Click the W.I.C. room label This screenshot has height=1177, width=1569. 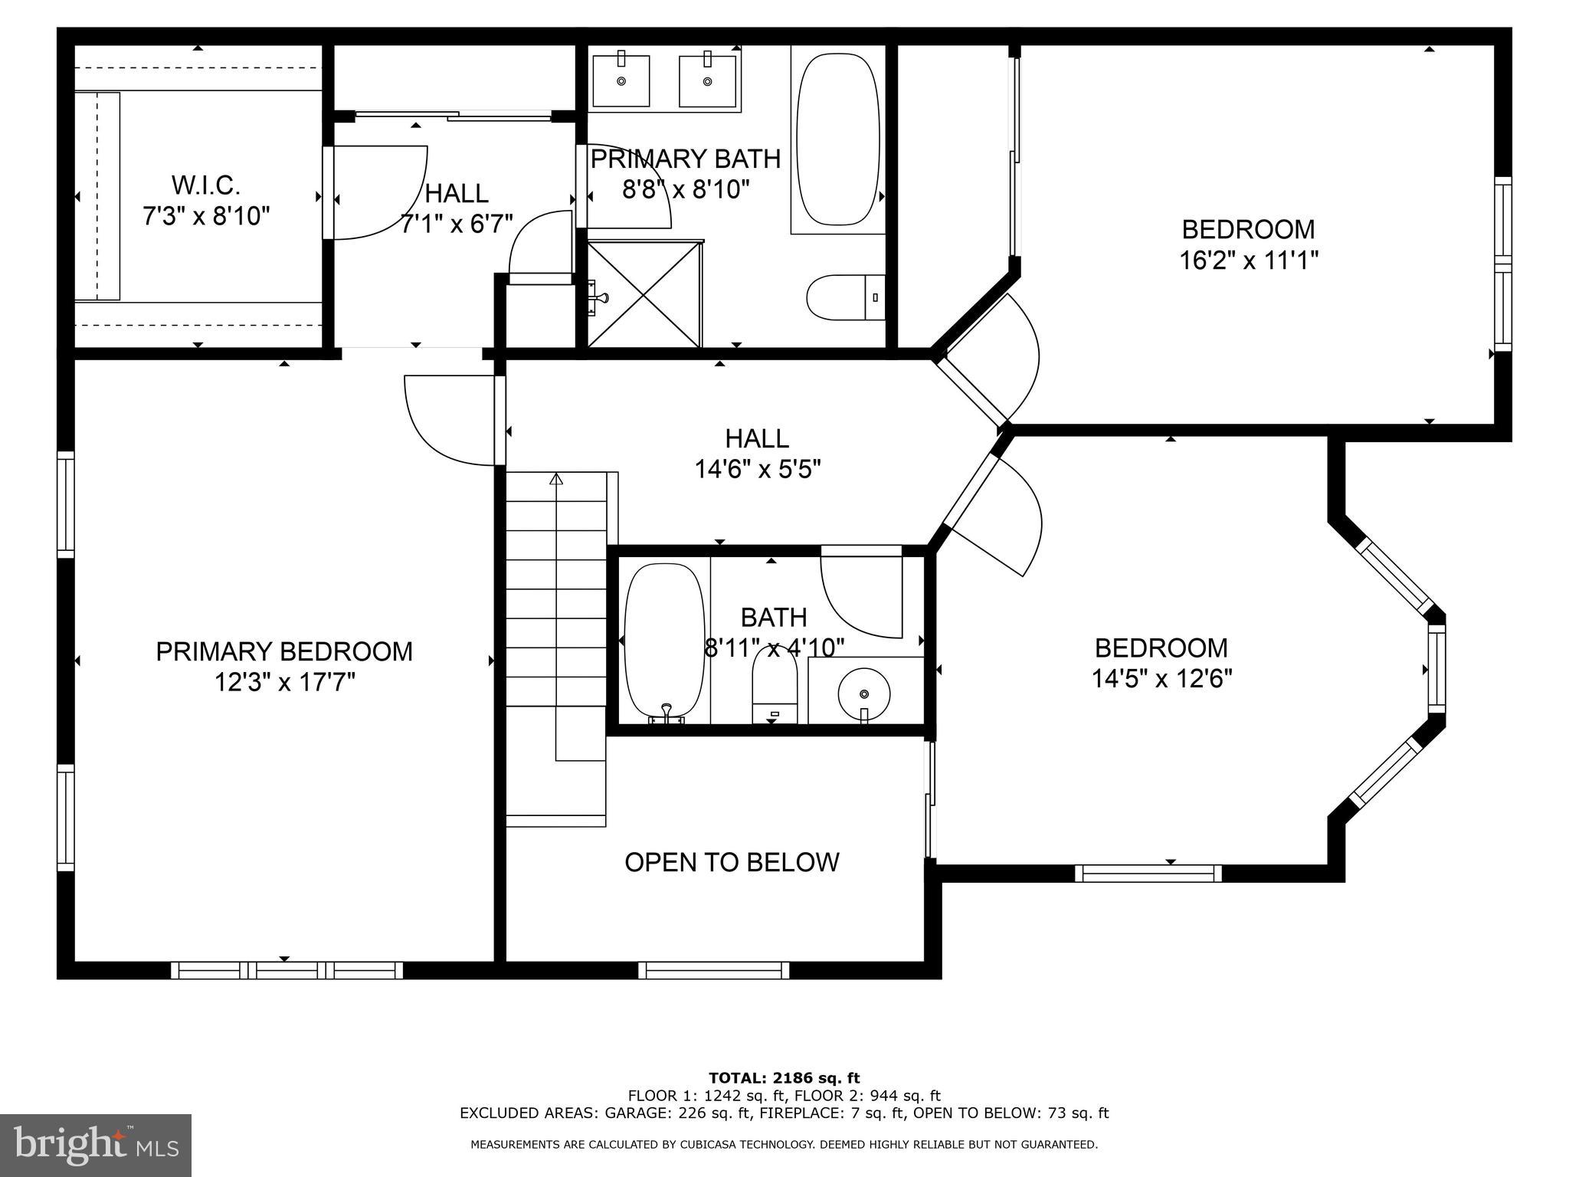pos(205,185)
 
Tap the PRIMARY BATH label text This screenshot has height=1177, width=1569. pos(685,159)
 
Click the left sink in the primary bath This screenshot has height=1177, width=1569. pos(621,80)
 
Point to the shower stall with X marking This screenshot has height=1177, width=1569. pos(644,295)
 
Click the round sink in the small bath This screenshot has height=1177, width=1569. pos(864,694)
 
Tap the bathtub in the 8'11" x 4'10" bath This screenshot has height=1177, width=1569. pos(664,641)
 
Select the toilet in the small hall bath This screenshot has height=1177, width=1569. pos(775,686)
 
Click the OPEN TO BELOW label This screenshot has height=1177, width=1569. pos(732,862)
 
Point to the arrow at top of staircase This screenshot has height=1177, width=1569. pos(556,480)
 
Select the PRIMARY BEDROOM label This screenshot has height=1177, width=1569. pos(284,651)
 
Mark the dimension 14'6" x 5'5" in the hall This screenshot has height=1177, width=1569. pos(757,469)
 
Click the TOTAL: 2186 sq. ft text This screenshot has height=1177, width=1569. pos(784,1078)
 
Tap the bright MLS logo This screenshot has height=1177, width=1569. pos(95,1145)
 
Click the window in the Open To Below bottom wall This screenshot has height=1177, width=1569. pos(714,970)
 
